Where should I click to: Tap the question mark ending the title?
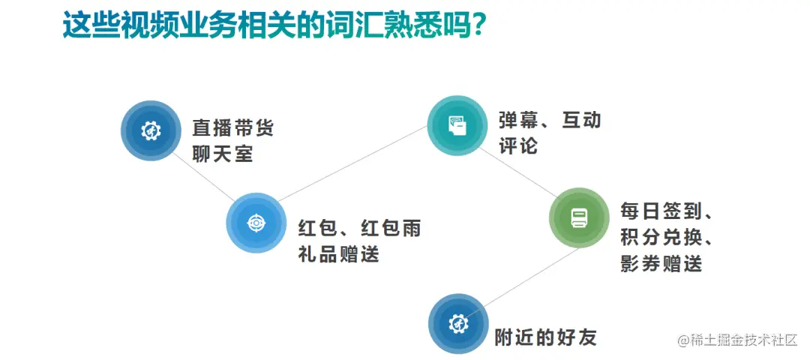click(x=478, y=25)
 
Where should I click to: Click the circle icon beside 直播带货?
click(x=151, y=131)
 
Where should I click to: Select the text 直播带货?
click(x=233, y=127)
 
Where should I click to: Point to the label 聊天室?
click(x=223, y=154)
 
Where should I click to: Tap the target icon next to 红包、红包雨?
click(x=256, y=223)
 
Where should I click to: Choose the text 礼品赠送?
click(x=338, y=253)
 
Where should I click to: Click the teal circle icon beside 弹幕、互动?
click(x=457, y=125)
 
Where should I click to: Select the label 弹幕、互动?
click(x=550, y=120)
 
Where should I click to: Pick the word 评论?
click(x=518, y=145)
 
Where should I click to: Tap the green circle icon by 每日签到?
click(x=579, y=217)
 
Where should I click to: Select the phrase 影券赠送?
click(x=661, y=263)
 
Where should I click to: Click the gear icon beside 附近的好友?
click(x=458, y=324)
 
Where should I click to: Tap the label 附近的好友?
click(x=545, y=337)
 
